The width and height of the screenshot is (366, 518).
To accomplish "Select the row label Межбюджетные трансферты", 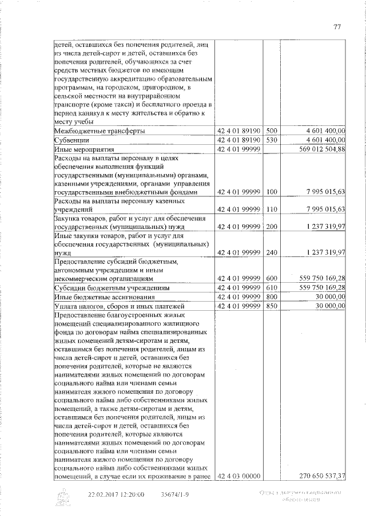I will pyautogui.click(x=99, y=131).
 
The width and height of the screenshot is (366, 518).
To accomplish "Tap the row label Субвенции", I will pyautogui.click(x=71, y=140).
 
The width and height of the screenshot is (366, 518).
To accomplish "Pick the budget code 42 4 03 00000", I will pyautogui.click(x=237, y=476).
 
